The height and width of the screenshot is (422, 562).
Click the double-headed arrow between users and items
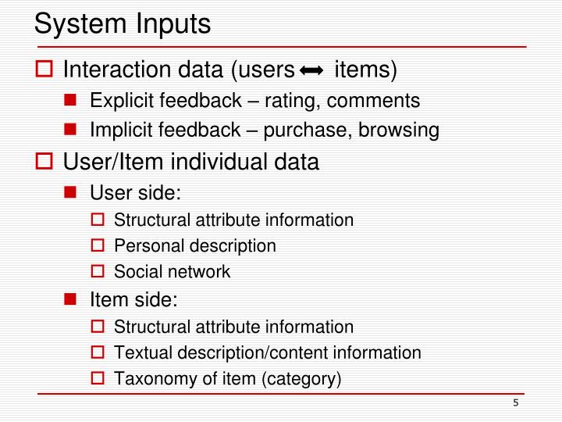tap(311, 72)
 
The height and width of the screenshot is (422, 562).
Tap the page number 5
tap(516, 402)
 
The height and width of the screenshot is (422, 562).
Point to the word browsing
tap(399, 131)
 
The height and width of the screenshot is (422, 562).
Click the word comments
tap(376, 102)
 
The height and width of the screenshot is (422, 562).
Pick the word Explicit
tap(121, 102)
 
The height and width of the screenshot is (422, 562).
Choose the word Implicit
tap(121, 131)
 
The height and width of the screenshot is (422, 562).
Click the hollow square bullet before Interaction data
tap(44, 72)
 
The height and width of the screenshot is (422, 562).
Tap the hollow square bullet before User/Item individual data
tap(44, 163)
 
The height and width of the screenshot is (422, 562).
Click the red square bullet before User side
tap(70, 191)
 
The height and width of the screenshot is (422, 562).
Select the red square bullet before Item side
tap(70, 299)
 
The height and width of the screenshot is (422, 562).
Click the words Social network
tap(172, 272)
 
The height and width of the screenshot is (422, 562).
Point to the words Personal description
tap(194, 246)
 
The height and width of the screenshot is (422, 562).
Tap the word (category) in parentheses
tap(301, 380)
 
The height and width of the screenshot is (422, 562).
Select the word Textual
tap(140, 352)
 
